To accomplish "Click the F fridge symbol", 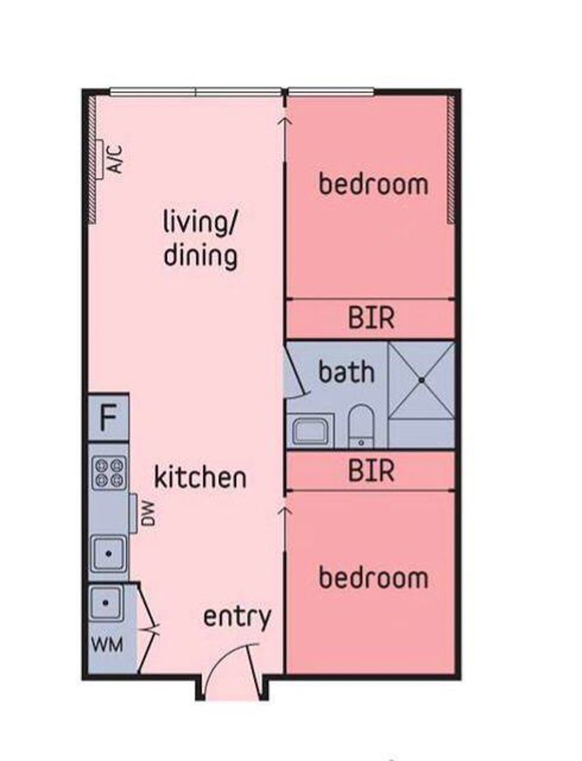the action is [x=108, y=417].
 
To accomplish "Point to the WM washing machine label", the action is [x=108, y=644].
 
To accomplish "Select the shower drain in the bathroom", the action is [x=421, y=380].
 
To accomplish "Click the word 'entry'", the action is [x=237, y=618].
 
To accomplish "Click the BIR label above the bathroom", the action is [x=371, y=318].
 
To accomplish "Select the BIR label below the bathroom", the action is [x=371, y=470].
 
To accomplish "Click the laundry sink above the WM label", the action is [x=105, y=603].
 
